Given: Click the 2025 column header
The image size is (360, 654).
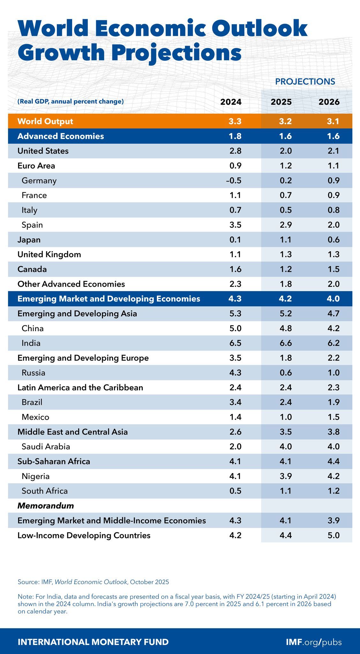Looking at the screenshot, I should (281, 102).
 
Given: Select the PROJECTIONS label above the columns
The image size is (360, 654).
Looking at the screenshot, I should (305, 81).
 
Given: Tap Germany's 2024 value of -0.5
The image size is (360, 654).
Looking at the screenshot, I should (234, 180).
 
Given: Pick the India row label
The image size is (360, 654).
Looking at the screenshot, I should (31, 343).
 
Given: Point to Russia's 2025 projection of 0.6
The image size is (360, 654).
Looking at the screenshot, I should (285, 373).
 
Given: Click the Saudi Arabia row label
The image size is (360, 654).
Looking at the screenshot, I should (46, 446).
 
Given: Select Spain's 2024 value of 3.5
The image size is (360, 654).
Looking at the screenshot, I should (236, 225).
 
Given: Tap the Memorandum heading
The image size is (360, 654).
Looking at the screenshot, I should (46, 506).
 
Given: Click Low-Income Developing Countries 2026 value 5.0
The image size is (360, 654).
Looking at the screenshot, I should (333, 535).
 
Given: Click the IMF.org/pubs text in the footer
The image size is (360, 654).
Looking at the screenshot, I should (314, 642).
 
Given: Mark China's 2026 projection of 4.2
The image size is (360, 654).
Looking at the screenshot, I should (333, 328).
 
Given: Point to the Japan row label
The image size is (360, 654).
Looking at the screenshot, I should (29, 240).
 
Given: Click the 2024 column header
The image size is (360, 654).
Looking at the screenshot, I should (231, 102).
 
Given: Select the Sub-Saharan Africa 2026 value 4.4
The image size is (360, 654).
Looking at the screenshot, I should (333, 461).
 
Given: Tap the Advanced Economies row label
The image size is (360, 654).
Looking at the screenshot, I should (61, 136).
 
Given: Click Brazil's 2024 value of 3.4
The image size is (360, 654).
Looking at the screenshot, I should (236, 402).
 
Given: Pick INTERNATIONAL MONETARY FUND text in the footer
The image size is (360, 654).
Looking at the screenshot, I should (93, 642).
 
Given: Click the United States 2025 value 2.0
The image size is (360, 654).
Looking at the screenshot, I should (285, 151).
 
